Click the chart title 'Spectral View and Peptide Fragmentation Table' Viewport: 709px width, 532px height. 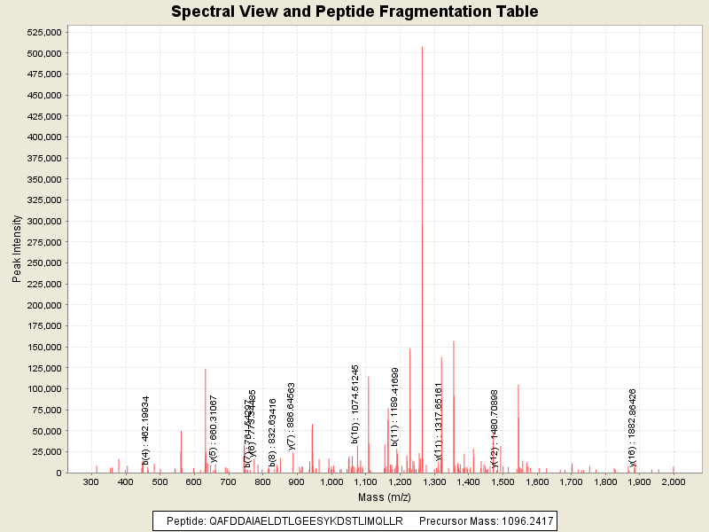354,12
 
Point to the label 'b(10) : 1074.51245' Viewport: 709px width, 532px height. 355,403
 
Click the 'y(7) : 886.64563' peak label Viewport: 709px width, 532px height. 292,416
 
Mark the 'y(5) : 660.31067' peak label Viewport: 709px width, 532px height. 214,430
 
